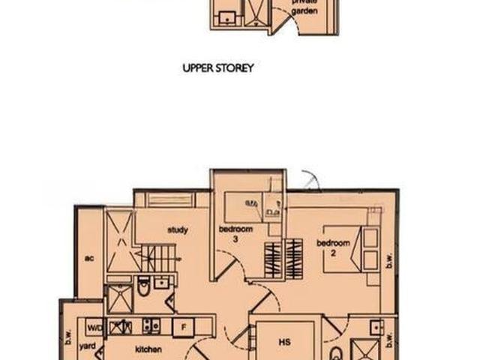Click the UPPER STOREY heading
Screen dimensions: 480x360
(x=218, y=68)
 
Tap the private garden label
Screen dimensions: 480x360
(x=304, y=7)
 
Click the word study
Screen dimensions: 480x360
(x=178, y=230)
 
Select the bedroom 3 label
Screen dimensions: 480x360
(x=235, y=234)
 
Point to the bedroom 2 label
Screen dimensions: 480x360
(x=333, y=248)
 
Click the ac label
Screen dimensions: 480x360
(x=89, y=259)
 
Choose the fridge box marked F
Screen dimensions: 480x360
(x=183, y=327)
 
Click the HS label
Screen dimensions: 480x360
(x=285, y=342)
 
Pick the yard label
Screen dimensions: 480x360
(x=88, y=346)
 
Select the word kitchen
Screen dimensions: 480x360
(x=148, y=349)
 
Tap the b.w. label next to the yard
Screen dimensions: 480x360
(x=68, y=337)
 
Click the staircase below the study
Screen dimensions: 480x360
(x=158, y=258)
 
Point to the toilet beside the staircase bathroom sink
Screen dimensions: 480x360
(x=143, y=286)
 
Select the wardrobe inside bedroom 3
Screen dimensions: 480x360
(x=273, y=260)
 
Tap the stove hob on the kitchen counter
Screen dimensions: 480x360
(x=151, y=326)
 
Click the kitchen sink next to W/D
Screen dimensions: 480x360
(x=121, y=327)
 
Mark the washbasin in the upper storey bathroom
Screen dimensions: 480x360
(x=226, y=17)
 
